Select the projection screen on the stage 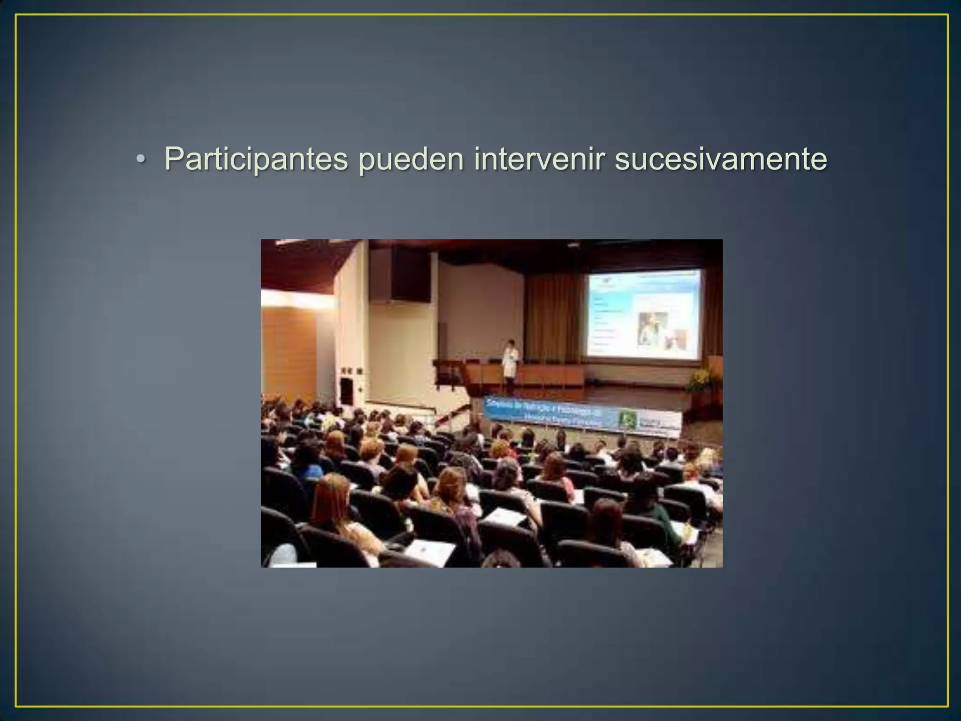tap(643, 314)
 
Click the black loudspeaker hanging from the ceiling tap(411, 275)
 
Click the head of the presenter tap(511, 343)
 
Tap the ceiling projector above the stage tap(573, 245)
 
